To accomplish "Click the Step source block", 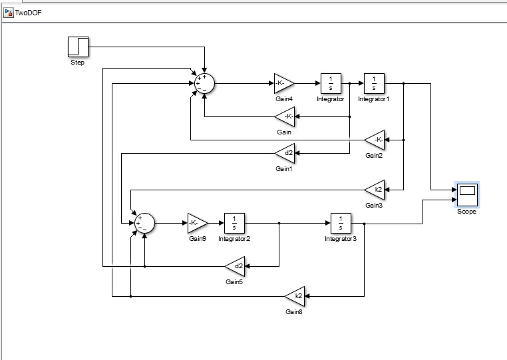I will point(78,47).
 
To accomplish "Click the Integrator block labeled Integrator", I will point(331,84).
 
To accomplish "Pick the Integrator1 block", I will point(373,84).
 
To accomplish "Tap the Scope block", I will point(466,195).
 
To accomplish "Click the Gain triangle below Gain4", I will point(285,117).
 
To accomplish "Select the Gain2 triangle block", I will point(375,140).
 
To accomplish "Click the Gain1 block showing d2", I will point(285,153).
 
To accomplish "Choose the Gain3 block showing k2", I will point(375,190).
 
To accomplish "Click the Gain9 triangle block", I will point(197,223).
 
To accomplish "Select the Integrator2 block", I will point(234,223).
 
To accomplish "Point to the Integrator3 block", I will point(341,223).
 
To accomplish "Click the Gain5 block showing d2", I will point(236,267).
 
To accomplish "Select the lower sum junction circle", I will point(144,223).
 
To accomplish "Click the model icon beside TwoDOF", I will point(9,12).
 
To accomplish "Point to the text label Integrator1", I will point(373,99).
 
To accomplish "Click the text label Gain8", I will point(295,311).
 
